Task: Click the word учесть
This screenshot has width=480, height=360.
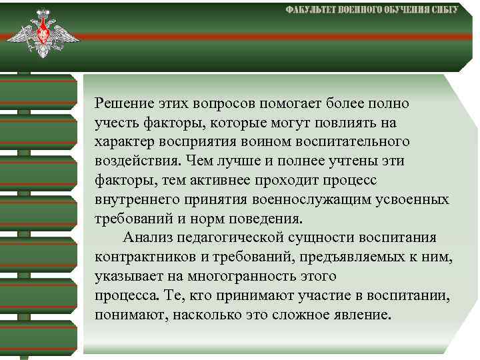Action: pyautogui.click(x=114, y=123)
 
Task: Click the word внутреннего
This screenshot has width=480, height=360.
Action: pyautogui.click(x=131, y=200)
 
